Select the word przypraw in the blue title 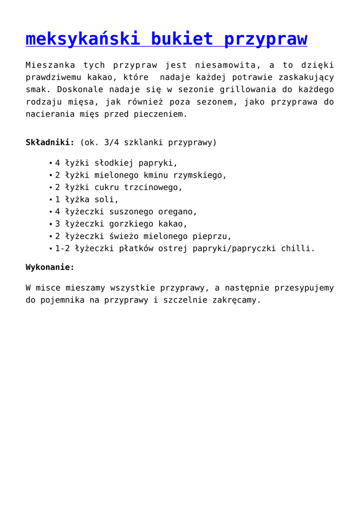(266, 39)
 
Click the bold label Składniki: (50, 142)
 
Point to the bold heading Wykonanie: (50, 267)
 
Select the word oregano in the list (177, 211)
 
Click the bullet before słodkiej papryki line (51, 163)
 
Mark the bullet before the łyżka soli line (51, 200)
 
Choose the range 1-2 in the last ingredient (62, 248)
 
